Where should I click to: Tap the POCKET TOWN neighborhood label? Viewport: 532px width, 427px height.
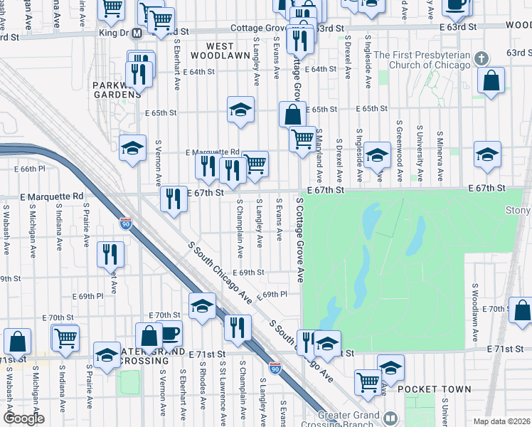pyautogui.click(x=434, y=389)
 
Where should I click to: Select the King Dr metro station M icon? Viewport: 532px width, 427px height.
pyautogui.click(x=135, y=33)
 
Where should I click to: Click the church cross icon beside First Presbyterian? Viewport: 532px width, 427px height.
pyautogui.click(x=481, y=58)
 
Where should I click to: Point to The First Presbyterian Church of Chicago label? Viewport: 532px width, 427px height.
pyautogui.click(x=422, y=60)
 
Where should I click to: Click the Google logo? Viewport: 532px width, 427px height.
pyautogui.click(x=23, y=418)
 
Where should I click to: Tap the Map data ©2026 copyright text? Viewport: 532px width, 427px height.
pyautogui.click(x=501, y=421)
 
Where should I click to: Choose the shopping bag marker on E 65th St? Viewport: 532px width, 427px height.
pyautogui.click(x=292, y=114)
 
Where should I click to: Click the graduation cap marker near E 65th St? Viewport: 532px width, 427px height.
pyautogui.click(x=241, y=110)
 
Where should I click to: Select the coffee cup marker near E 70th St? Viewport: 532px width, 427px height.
pyautogui.click(x=169, y=333)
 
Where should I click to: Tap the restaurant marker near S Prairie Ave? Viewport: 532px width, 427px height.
pyautogui.click(x=110, y=254)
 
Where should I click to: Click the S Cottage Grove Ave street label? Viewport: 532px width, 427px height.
pyautogui.click(x=299, y=240)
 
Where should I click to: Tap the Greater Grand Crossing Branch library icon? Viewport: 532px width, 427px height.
pyautogui.click(x=390, y=417)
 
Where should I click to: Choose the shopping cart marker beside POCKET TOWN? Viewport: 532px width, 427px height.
pyautogui.click(x=368, y=382)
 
